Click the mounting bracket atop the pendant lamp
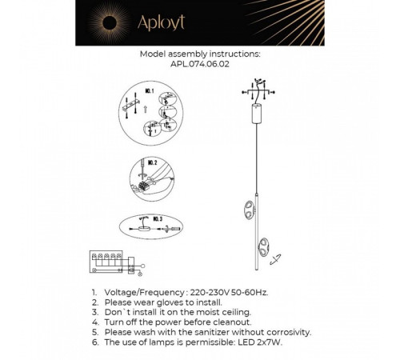click(x=258, y=86)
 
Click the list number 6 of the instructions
click(x=94, y=342)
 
